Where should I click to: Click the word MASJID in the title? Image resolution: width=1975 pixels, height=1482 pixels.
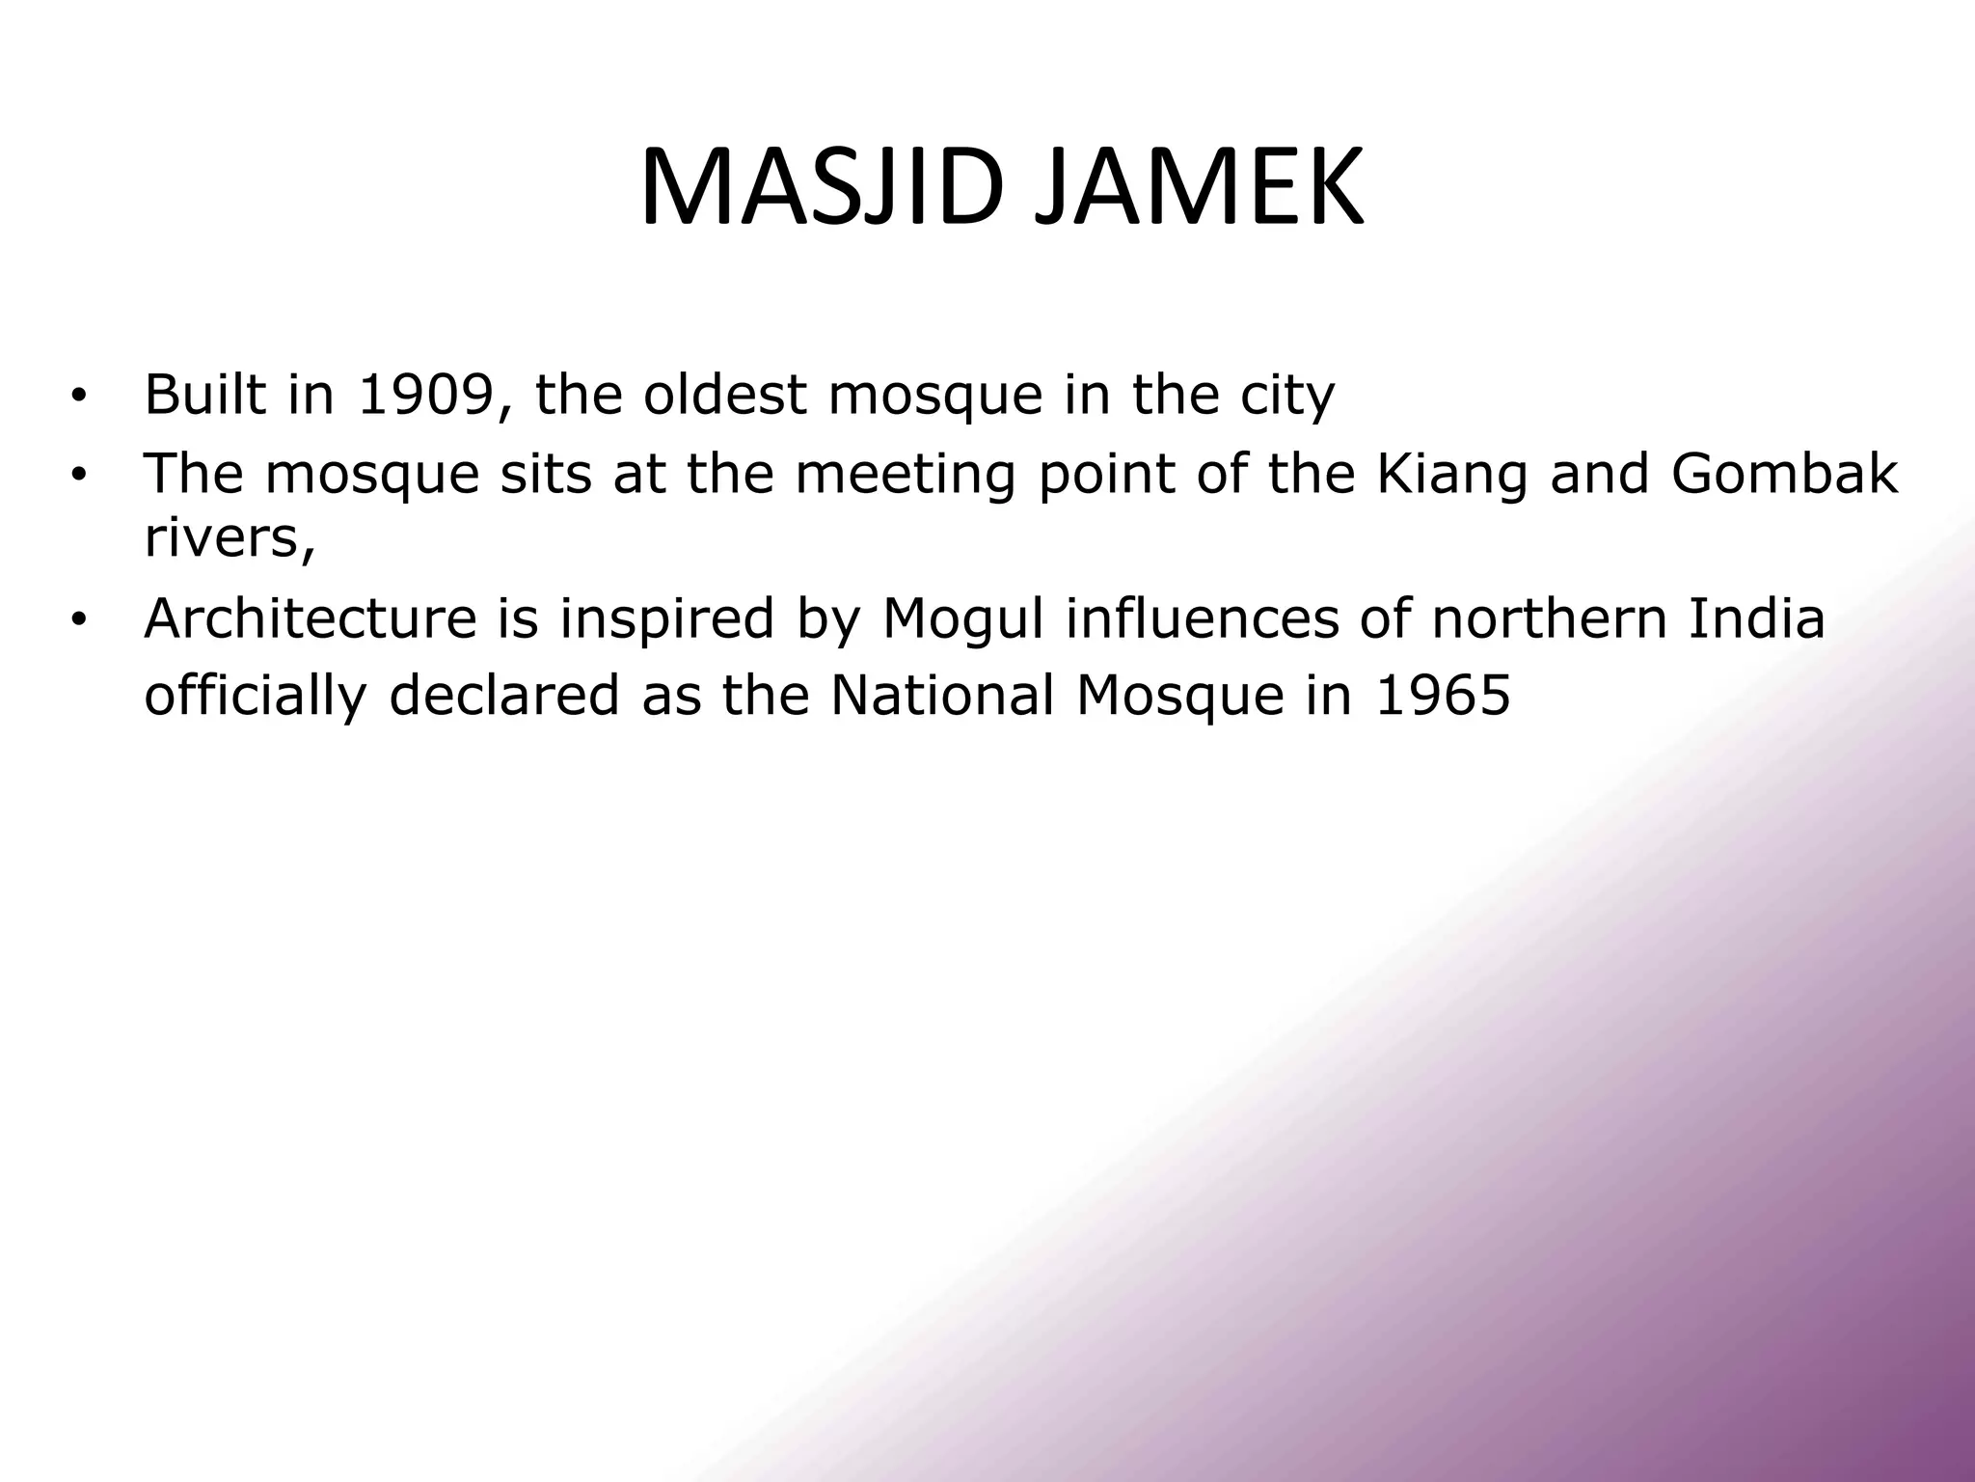pos(819,188)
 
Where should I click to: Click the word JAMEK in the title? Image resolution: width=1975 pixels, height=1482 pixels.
pos(1199,188)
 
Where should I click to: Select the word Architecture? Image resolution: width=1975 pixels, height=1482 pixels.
pos(310,618)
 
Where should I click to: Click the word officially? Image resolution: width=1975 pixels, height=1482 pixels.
pos(255,697)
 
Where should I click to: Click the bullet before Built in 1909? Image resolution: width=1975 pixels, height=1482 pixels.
pos(78,396)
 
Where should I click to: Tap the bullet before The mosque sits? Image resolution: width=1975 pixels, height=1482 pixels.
pos(78,475)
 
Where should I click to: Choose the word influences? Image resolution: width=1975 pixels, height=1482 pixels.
pos(1202,618)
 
